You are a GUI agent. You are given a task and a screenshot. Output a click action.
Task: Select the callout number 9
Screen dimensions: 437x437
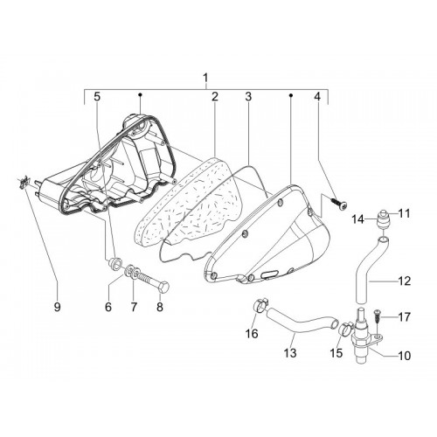tap(57, 307)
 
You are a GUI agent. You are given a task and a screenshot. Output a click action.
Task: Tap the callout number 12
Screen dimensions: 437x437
tap(404, 281)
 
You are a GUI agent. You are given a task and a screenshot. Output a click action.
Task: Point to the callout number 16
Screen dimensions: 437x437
tap(252, 333)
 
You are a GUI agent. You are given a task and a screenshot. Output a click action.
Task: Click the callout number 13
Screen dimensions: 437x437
tap(290, 353)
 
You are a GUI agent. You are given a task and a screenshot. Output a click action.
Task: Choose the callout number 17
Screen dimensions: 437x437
tap(404, 317)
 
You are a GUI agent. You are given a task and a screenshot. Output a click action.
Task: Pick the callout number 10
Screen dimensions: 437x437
tap(404, 356)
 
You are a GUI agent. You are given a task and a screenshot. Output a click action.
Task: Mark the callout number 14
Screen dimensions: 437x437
tap(357, 219)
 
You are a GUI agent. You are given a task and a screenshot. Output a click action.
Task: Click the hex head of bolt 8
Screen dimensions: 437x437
tap(164, 287)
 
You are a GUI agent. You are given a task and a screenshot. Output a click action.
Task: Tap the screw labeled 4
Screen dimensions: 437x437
tap(339, 203)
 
